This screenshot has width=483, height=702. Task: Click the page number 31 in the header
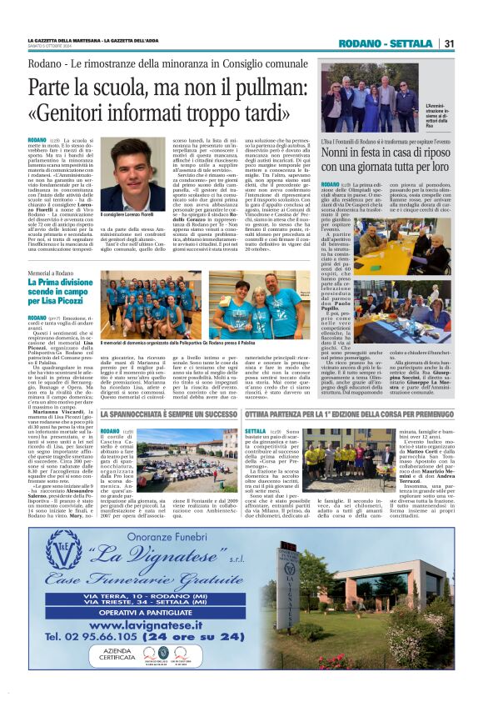(449, 43)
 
